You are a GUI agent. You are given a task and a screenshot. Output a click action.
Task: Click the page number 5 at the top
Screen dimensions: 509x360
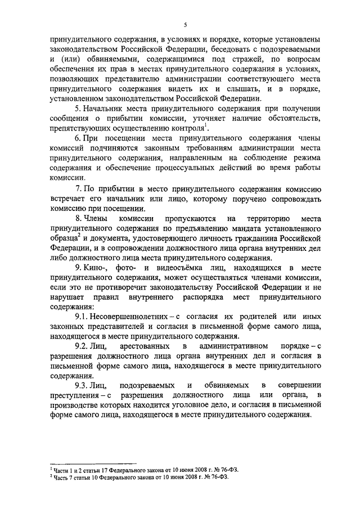[184, 24]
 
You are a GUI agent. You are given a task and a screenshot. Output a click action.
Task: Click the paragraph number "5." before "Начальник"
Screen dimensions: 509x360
[79, 109]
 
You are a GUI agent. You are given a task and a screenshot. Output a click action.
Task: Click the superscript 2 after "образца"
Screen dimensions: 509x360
[78, 235]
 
